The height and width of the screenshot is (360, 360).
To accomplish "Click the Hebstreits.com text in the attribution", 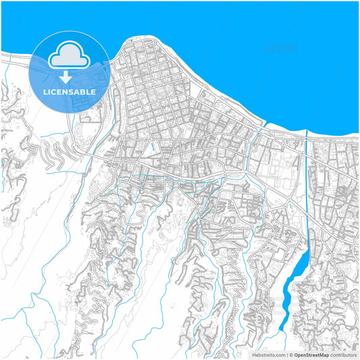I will [x=268, y=354].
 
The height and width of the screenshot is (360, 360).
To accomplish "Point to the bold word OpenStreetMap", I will [x=311, y=354].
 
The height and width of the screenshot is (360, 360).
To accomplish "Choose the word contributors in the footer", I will [x=343, y=354].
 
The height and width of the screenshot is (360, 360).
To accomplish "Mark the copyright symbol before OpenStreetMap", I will [x=290, y=354].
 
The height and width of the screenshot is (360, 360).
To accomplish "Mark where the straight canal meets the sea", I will [x=307, y=134].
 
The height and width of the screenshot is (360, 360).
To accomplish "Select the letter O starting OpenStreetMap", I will [x=295, y=354].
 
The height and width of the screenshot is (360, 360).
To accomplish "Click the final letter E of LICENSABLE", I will [x=93, y=92].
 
